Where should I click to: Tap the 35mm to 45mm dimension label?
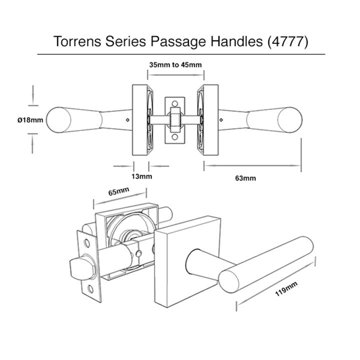click(175, 65)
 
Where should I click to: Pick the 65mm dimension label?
click(118, 192)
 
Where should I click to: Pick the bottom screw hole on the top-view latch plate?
click(175, 136)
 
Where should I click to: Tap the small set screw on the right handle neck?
click(222, 119)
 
